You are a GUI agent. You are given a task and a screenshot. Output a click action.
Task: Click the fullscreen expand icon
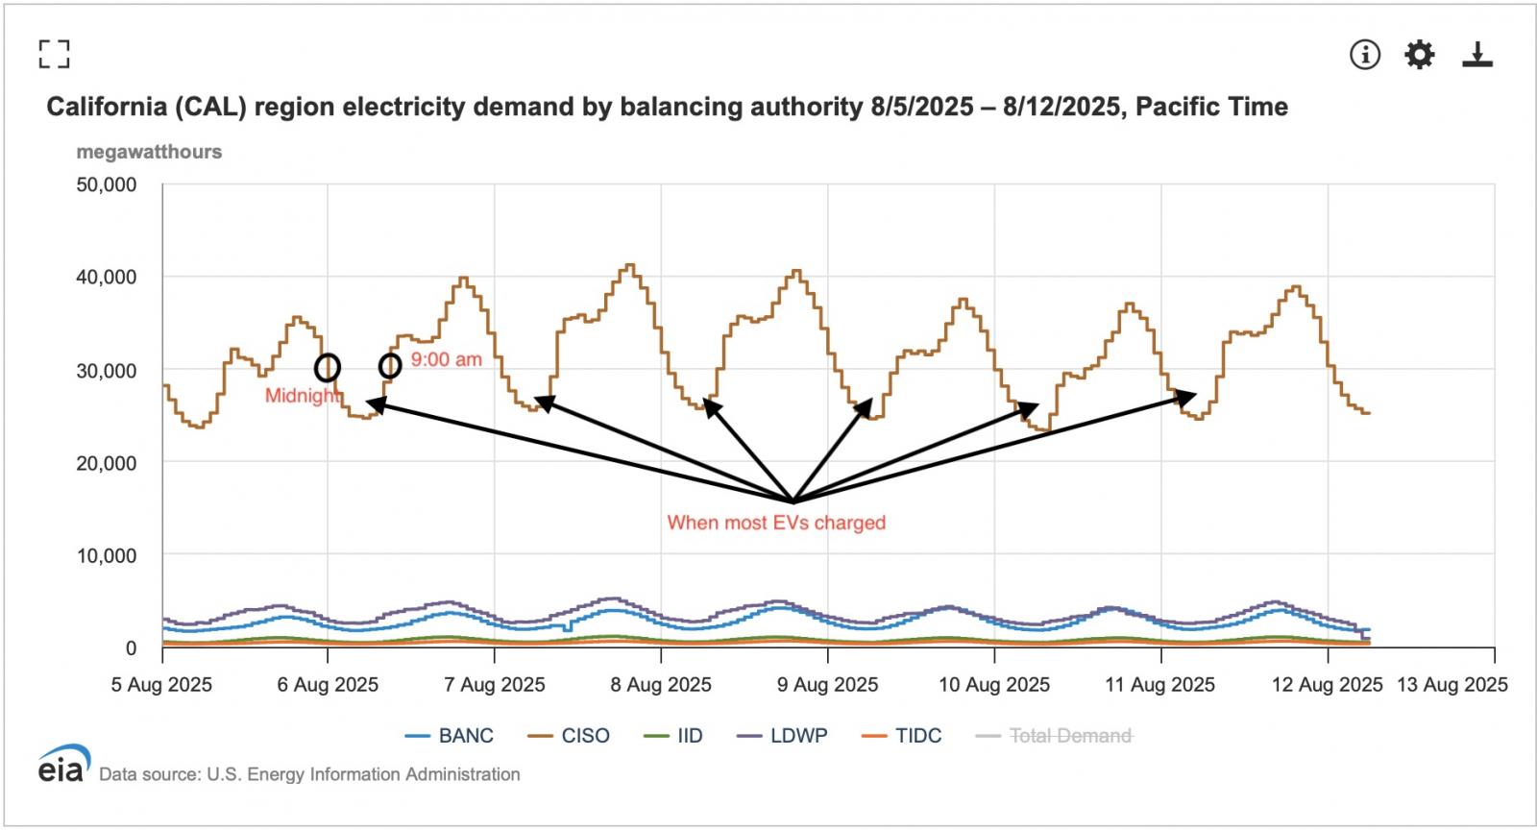[54, 54]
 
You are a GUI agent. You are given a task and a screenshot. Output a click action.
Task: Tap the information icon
[1364, 55]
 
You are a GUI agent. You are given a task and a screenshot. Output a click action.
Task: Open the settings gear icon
[1419, 55]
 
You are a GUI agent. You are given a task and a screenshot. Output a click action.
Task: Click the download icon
[1476, 55]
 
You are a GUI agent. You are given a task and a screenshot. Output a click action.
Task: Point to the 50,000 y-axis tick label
[107, 184]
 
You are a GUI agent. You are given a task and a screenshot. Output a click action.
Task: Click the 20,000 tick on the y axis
[107, 463]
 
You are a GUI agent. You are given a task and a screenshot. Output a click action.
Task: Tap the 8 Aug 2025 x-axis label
[661, 685]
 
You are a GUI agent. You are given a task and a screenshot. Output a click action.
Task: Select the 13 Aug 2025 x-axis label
[1452, 685]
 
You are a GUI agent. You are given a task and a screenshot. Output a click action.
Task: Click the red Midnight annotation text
[302, 396]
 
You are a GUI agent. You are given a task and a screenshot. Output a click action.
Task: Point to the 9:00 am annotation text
[447, 360]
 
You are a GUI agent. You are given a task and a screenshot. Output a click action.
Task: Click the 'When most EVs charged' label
[776, 523]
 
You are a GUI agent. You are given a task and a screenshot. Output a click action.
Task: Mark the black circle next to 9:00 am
[390, 366]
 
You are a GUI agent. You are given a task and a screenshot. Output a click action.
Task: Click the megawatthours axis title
[149, 152]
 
